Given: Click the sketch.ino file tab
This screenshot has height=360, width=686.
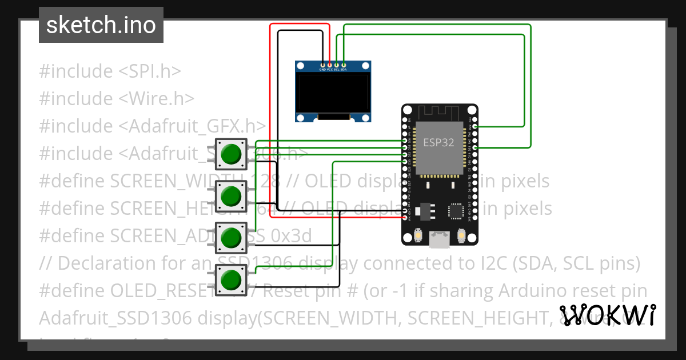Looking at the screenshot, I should click(101, 25).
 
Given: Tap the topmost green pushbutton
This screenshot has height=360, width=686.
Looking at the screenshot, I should click(231, 154).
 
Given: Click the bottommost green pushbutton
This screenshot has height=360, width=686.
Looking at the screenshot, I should click(231, 280).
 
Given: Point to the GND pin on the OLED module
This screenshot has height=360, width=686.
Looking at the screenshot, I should click(323, 65).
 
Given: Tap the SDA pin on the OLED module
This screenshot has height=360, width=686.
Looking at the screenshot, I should click(344, 65).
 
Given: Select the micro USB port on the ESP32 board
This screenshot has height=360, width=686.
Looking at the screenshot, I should click(439, 239).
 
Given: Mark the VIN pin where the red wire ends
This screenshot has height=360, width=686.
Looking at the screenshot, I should click(405, 218).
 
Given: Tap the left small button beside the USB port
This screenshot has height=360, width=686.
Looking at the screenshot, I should click(417, 235).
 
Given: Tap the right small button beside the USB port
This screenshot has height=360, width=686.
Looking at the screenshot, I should click(461, 235).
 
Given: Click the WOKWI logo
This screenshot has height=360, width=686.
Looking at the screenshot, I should click(607, 315).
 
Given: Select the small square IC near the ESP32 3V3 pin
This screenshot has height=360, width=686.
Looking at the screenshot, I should click(456, 211).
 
